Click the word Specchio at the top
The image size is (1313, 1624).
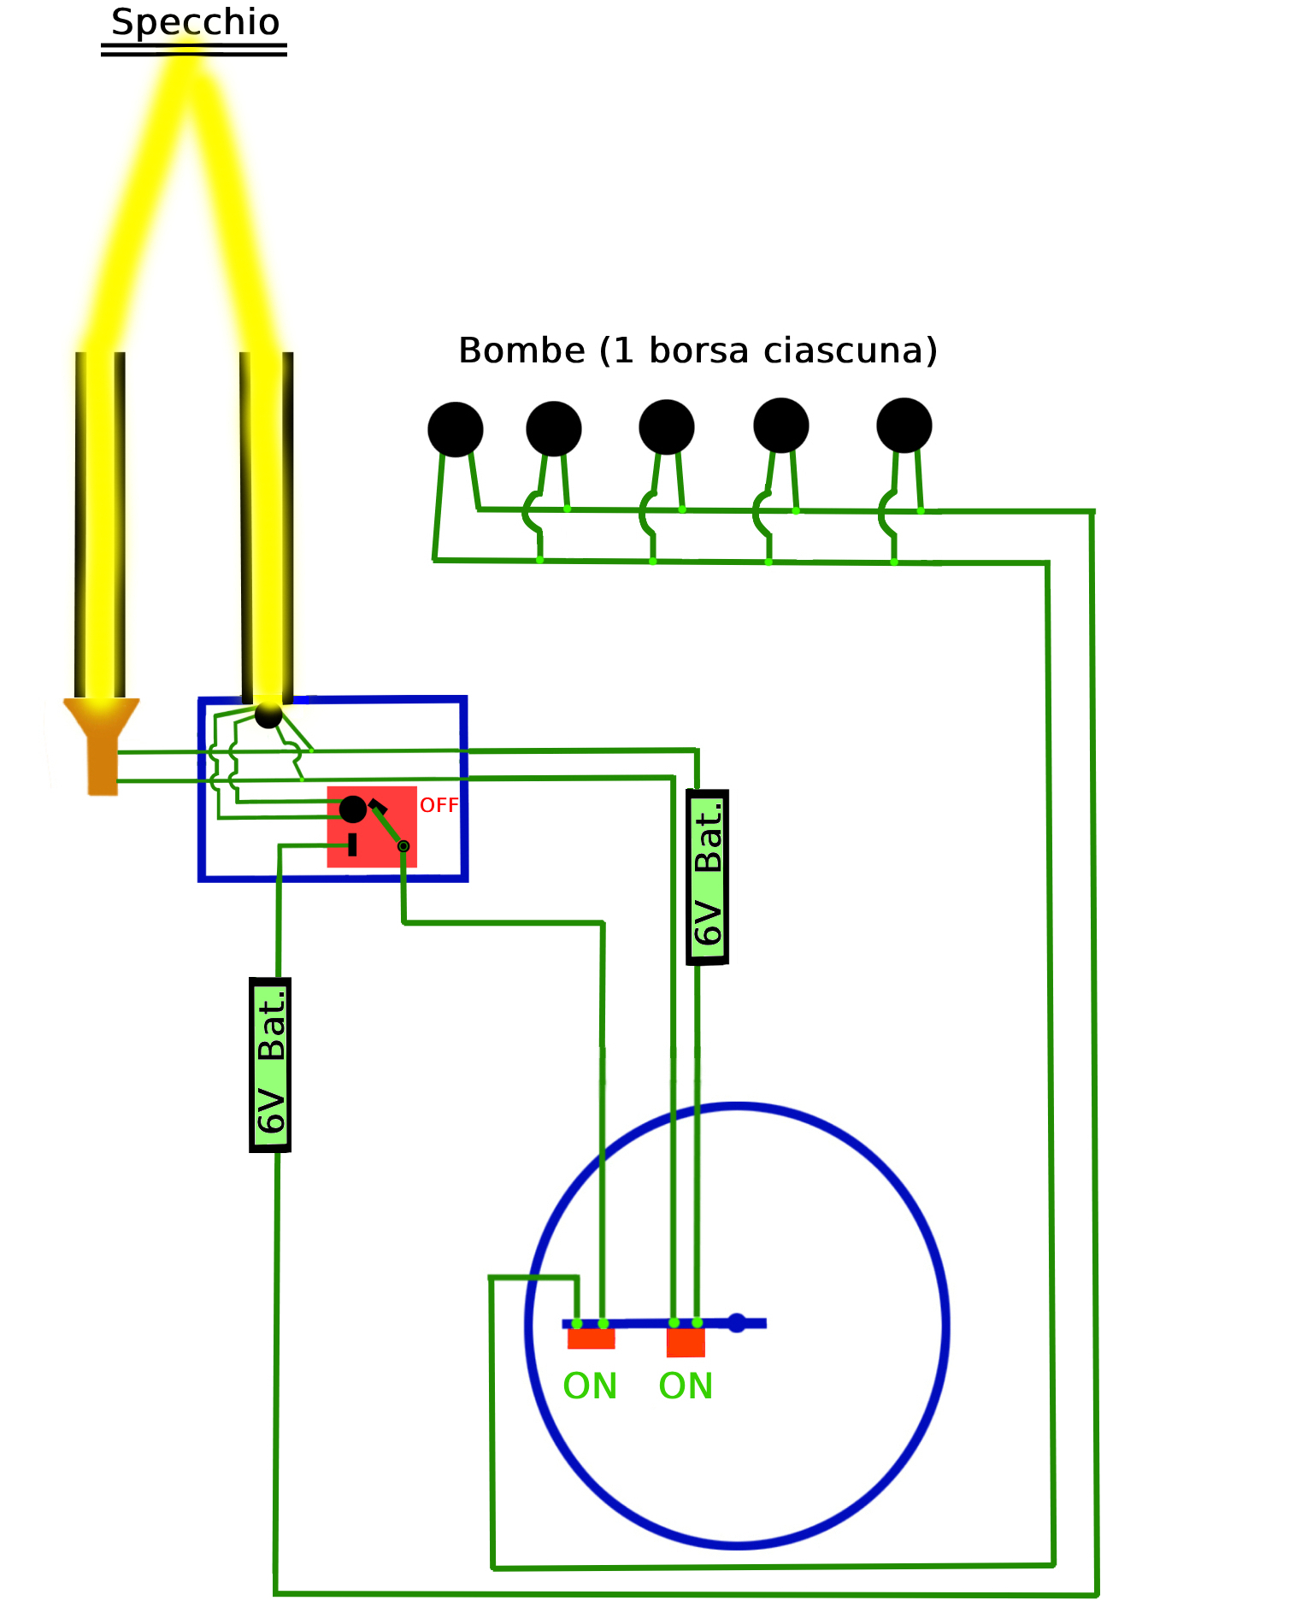coord(195,22)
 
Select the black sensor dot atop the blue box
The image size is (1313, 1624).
coord(268,715)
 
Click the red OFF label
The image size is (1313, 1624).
coord(439,805)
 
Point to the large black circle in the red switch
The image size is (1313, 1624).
coord(353,809)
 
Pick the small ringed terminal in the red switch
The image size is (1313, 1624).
coord(403,846)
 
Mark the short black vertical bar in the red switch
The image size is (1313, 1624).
coord(352,845)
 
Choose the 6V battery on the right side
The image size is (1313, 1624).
coord(708,877)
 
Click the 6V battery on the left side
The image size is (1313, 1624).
coord(270,1065)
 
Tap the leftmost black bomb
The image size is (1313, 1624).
coord(456,429)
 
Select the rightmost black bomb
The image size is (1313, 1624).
coord(904,425)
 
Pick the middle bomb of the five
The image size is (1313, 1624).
coord(667,427)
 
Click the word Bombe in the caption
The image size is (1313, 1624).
coord(521,350)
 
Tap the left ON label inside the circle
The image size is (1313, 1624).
coord(590,1386)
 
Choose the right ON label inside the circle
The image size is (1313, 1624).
coord(686,1386)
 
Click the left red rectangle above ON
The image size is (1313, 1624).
coord(591,1339)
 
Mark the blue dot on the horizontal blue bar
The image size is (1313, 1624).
coord(737,1323)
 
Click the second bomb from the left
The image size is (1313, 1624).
coord(554,428)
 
